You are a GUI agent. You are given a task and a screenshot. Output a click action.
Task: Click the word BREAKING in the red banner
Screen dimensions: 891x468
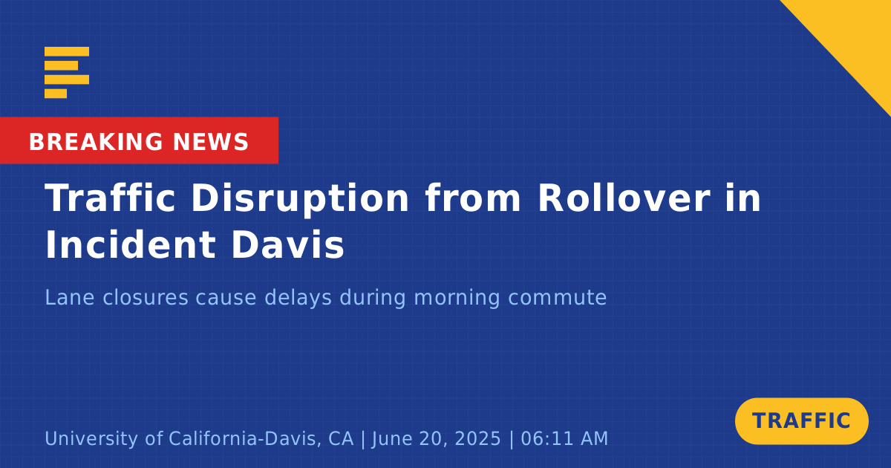coord(96,142)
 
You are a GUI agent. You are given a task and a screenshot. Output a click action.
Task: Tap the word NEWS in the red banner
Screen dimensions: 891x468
coord(211,142)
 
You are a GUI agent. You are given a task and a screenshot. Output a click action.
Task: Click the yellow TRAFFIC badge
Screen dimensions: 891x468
coord(801,421)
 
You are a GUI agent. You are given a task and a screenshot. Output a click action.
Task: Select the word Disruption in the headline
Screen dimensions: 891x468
coord(300,199)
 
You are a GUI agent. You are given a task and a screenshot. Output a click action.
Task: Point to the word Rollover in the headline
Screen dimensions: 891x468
coord(624,198)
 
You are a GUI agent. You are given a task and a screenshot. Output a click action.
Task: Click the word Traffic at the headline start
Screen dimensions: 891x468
coord(110,198)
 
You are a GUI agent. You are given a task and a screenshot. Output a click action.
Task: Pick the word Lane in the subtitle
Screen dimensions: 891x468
coord(70,297)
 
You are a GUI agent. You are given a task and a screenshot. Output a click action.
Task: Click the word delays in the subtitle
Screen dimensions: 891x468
coord(298,299)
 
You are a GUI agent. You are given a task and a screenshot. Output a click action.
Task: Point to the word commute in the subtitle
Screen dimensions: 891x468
coord(558,298)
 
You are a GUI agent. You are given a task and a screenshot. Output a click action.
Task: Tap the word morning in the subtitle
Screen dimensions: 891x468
coord(457,299)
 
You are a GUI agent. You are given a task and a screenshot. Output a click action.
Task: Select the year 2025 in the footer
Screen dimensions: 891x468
coord(477,438)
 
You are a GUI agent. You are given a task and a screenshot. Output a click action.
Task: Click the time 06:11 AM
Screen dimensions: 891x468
coord(564,438)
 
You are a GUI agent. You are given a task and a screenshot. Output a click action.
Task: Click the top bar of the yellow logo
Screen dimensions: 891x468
coord(67,51)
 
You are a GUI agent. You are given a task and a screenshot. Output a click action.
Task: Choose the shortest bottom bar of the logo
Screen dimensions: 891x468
coord(56,94)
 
